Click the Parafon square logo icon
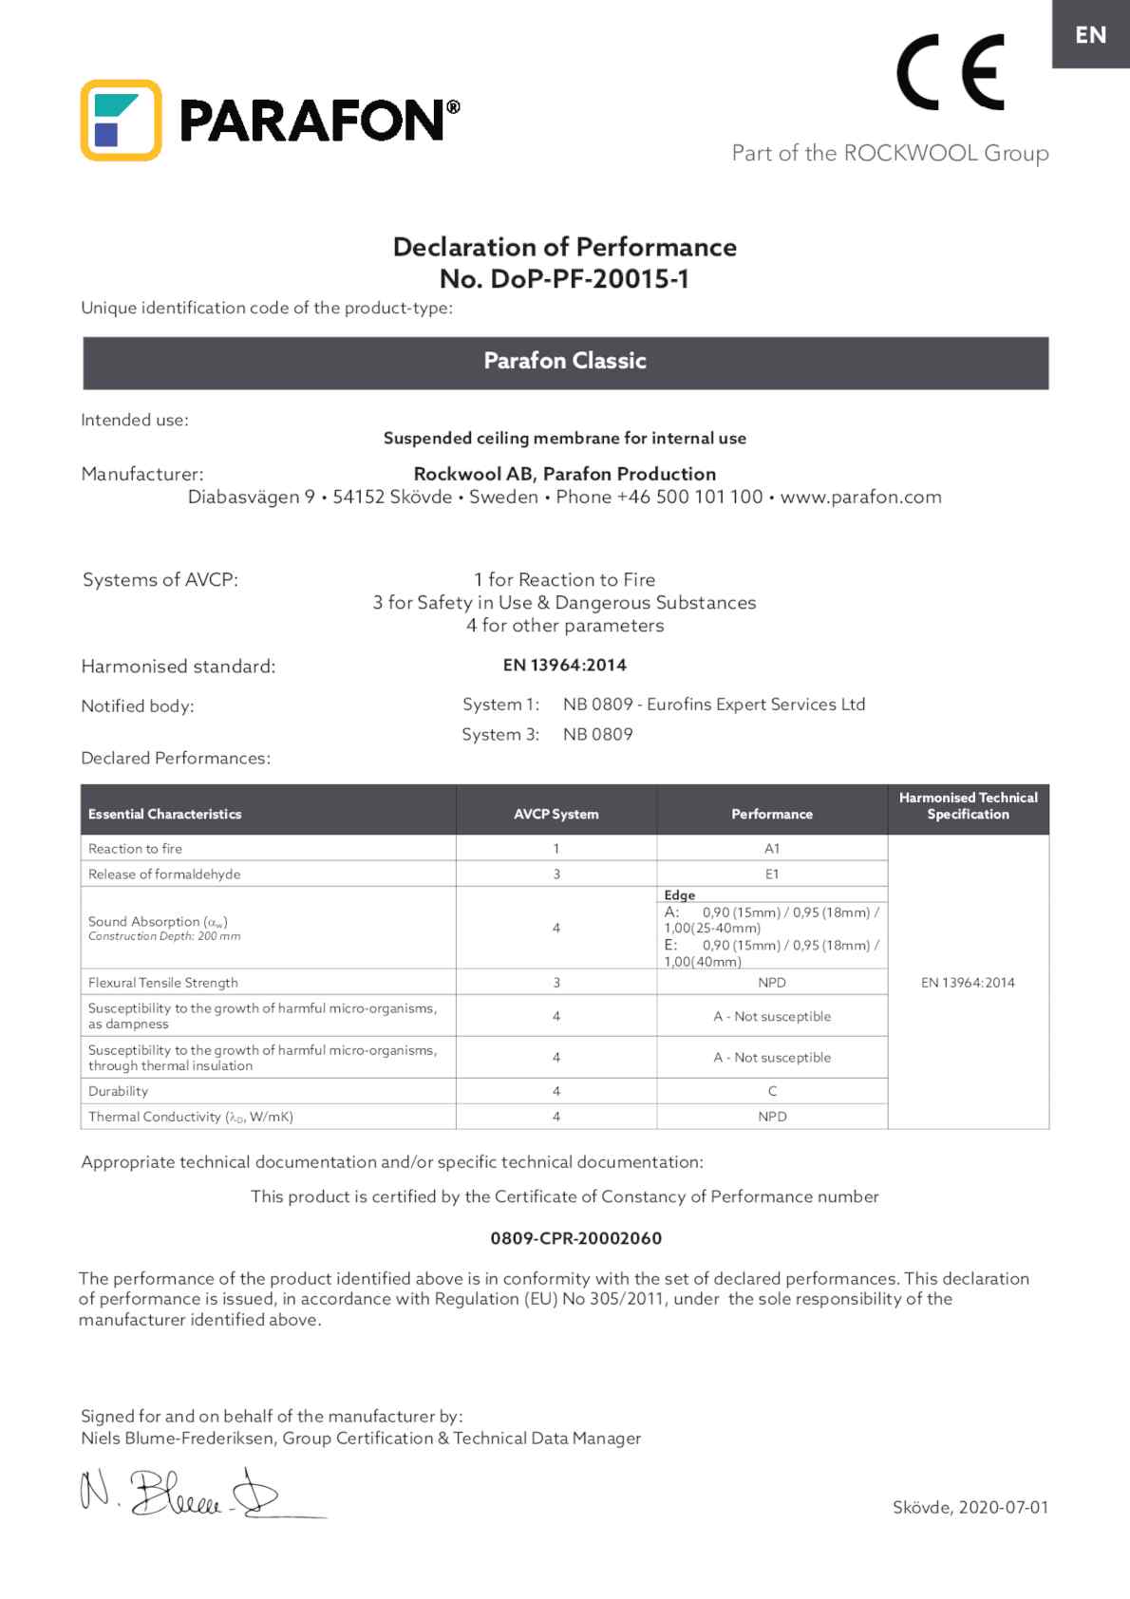coord(121,120)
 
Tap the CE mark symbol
coord(950,72)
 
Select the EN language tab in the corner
coord(1090,35)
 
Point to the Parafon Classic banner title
coord(565,361)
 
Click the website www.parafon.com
coord(860,497)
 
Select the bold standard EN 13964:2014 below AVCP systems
coord(564,665)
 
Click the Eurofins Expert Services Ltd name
coord(756,705)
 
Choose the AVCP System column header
coord(556,814)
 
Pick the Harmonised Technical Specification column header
coord(968,806)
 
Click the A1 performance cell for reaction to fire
coord(772,849)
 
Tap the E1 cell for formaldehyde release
coord(772,875)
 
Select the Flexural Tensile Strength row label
coord(163,983)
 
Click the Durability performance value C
coord(772,1091)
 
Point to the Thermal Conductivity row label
coord(190,1117)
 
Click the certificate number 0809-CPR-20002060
coord(575,1238)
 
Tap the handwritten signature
coord(180,1494)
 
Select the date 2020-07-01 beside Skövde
coord(1004,1507)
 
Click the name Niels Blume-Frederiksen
coord(179,1439)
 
